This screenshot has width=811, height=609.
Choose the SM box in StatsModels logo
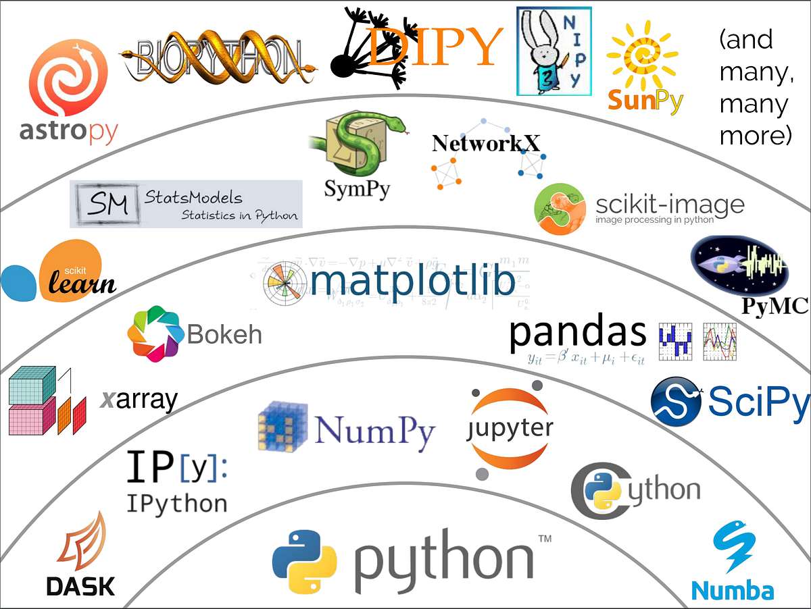pos(108,203)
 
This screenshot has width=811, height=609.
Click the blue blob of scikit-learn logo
pos(22,282)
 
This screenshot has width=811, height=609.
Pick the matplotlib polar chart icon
pos(284,284)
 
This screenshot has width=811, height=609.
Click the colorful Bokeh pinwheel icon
pos(153,333)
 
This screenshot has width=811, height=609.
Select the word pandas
pos(578,332)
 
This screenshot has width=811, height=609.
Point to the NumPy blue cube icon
pos(282,426)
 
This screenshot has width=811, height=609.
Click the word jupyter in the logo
pos(510,428)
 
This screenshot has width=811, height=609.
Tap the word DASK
pos(80,585)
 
